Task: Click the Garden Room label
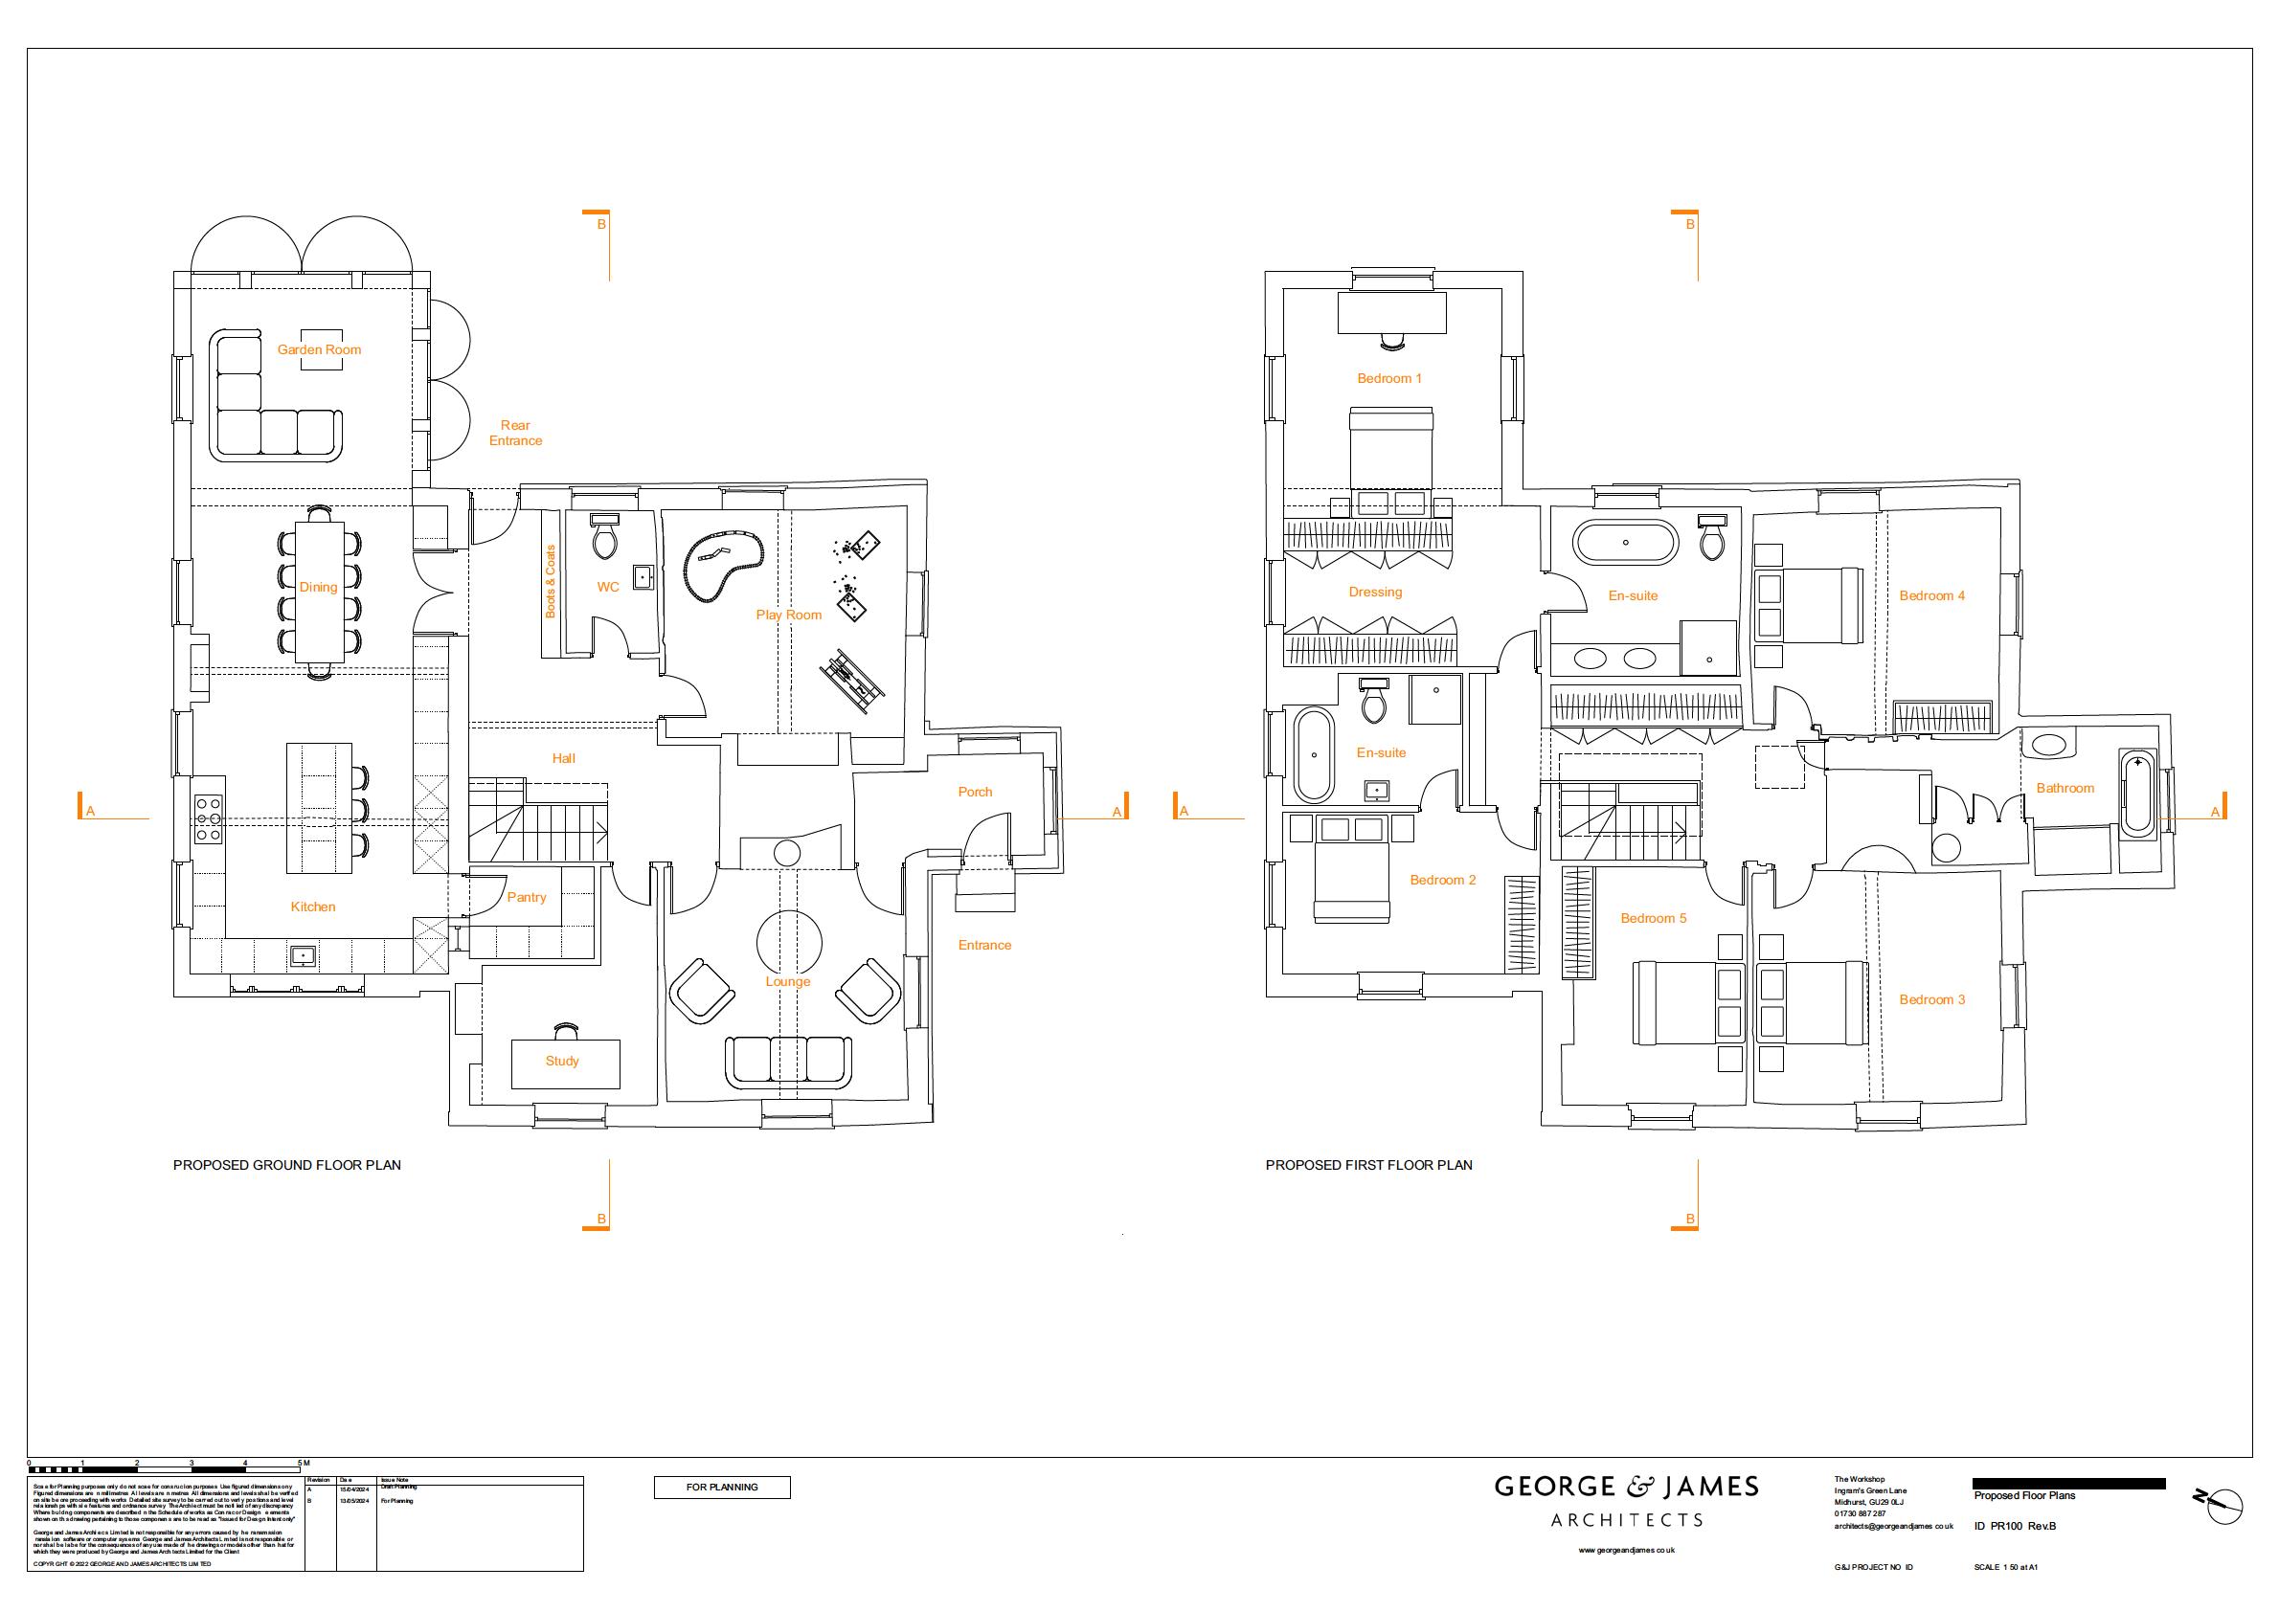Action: (319, 349)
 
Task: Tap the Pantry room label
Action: (527, 897)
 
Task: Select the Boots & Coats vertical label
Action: (551, 582)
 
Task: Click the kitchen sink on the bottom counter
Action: (302, 956)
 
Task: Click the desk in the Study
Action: (565, 1063)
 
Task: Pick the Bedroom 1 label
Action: (1389, 378)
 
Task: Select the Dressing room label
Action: (1375, 593)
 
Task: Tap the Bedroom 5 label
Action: (1654, 918)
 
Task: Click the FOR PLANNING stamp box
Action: (722, 1487)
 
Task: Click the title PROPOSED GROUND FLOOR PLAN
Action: (287, 1165)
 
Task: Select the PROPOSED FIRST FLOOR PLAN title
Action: (1368, 1165)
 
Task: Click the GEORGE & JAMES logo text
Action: (1627, 1487)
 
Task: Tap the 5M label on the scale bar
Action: (304, 1463)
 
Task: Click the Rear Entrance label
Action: (515, 433)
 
